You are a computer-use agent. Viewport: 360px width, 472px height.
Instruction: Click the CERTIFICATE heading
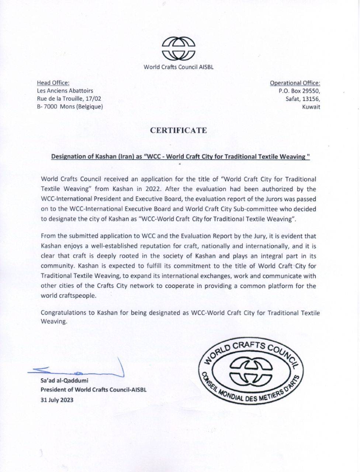click(x=178, y=130)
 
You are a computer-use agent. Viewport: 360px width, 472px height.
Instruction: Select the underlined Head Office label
click(x=53, y=83)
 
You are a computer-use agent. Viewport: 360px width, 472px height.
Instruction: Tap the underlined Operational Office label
click(x=295, y=83)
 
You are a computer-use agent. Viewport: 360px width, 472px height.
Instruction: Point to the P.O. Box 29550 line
click(x=300, y=91)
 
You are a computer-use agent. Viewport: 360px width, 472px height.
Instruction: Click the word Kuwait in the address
click(x=311, y=107)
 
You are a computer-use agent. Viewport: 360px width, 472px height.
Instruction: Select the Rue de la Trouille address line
click(x=69, y=99)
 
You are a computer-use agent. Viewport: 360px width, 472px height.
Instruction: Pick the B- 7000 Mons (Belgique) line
click(x=70, y=107)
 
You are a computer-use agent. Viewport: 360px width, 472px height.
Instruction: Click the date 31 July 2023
click(x=57, y=400)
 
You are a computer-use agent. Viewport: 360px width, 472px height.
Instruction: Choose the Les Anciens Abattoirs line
click(x=65, y=91)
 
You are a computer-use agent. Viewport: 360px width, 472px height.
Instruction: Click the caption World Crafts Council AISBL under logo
click(x=179, y=67)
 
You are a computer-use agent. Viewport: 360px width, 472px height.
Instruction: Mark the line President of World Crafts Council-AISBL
click(x=93, y=390)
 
